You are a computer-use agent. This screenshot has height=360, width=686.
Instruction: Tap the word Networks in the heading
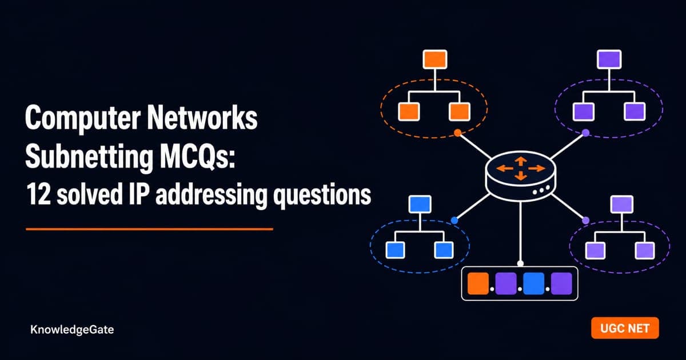202,117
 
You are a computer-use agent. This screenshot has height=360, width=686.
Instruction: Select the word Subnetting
89,157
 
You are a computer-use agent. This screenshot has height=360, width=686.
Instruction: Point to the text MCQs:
198,157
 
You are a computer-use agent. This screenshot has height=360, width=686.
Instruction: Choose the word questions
322,196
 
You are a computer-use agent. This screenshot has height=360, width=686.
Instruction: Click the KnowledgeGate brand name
72,330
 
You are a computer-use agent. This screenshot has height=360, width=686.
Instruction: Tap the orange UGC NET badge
625,328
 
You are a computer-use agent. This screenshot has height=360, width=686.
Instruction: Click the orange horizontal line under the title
149,229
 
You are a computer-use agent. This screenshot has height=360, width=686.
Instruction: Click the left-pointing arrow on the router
505,168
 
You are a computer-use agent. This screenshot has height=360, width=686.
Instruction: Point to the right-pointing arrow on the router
537,168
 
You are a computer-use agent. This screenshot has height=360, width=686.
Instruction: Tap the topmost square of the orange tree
435,59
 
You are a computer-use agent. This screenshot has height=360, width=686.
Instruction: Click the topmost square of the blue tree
420,204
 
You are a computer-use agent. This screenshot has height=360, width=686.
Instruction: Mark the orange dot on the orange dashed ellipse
458,133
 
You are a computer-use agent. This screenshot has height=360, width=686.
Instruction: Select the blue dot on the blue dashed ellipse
454,220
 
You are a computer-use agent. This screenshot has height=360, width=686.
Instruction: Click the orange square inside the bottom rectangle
478,283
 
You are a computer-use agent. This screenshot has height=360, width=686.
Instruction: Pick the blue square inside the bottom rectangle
534,283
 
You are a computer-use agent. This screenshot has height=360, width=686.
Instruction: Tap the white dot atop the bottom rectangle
520,263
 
